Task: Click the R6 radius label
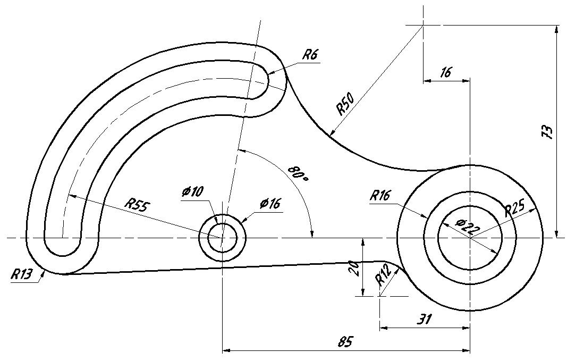tap(310, 55)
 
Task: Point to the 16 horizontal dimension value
tap(446, 72)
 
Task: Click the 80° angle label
tap(298, 174)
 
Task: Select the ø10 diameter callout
tap(193, 191)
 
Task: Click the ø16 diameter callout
tap(270, 204)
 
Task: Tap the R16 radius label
tap(380, 196)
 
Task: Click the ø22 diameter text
tap(468, 227)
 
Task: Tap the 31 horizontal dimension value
tap(425, 319)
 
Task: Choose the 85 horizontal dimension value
tap(345, 341)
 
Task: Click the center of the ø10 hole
tap(222, 238)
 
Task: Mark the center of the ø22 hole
tap(470, 238)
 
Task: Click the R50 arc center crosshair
tap(423, 26)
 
